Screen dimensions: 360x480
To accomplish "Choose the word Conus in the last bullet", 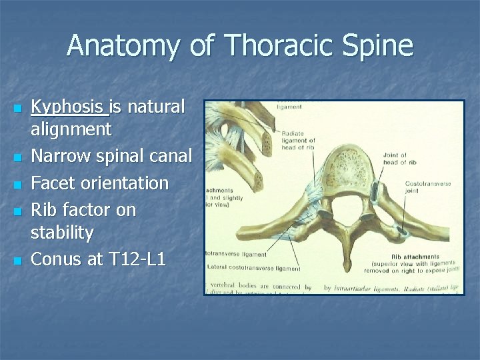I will click(x=57, y=259).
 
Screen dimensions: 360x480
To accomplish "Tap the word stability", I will click(x=63, y=233).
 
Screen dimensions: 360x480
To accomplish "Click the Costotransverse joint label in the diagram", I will click(x=427, y=187).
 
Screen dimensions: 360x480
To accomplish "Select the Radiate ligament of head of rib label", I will click(x=298, y=140).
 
